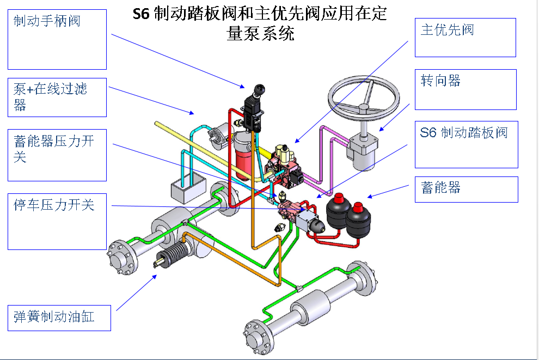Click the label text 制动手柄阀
(x=47, y=22)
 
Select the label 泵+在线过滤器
(x=50, y=96)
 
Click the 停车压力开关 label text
(x=53, y=205)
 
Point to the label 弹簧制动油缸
(x=54, y=316)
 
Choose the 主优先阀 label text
(x=447, y=30)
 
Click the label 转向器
(x=440, y=81)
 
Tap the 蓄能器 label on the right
(x=440, y=188)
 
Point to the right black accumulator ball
(x=359, y=215)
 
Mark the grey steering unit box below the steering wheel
(x=362, y=150)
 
